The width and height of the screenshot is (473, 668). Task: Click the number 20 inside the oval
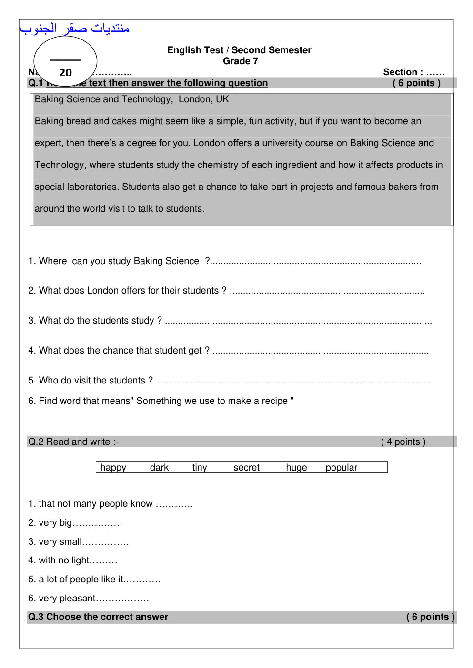pos(65,72)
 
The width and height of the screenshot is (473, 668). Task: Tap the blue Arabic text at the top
pos(75,29)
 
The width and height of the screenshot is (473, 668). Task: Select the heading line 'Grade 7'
pos(241,61)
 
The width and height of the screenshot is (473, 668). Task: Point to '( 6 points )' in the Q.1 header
pos(416,83)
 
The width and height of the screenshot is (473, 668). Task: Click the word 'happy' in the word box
pos(113,467)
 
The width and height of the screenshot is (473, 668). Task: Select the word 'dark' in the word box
pos(159,467)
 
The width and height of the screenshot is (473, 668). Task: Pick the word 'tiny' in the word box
pos(200,467)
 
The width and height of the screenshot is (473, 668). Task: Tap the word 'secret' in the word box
pos(246,467)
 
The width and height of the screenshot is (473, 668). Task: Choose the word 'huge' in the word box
pos(296,467)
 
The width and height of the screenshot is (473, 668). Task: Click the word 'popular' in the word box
pos(341,467)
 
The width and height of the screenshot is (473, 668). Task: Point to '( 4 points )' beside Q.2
pos(403,442)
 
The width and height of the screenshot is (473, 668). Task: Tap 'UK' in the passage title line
pos(222,99)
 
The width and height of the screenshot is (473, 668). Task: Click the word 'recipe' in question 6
pos(274,401)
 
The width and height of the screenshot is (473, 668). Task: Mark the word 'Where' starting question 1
pos(53,261)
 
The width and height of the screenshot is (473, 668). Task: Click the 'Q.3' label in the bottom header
pos(36,617)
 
